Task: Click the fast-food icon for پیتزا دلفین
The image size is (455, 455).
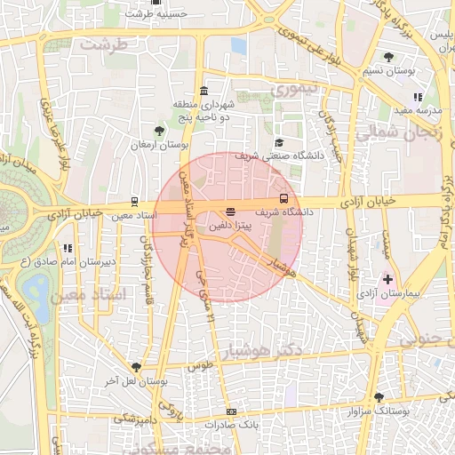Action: [x=231, y=212]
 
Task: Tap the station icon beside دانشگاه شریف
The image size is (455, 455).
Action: [x=283, y=198]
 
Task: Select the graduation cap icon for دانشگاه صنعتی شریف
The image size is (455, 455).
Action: [x=278, y=142]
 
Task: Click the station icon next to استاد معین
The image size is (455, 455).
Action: [x=134, y=202]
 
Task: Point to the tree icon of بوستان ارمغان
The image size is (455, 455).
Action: [x=159, y=131]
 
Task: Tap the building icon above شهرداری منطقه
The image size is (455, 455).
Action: [x=204, y=92]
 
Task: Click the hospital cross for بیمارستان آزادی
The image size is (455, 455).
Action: [x=387, y=279]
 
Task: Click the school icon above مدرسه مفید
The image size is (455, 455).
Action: [x=418, y=97]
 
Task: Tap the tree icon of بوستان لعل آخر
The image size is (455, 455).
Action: [x=136, y=367]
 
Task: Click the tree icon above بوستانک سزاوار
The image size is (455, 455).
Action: [x=379, y=397]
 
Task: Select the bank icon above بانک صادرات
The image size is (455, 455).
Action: [x=232, y=411]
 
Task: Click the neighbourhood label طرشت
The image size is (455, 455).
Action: [x=104, y=44]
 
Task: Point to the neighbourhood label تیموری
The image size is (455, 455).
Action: [x=293, y=91]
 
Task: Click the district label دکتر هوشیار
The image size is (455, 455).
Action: [x=266, y=348]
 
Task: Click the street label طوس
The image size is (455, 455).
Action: [x=203, y=365]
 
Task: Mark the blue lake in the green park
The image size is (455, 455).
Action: [x=36, y=287]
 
